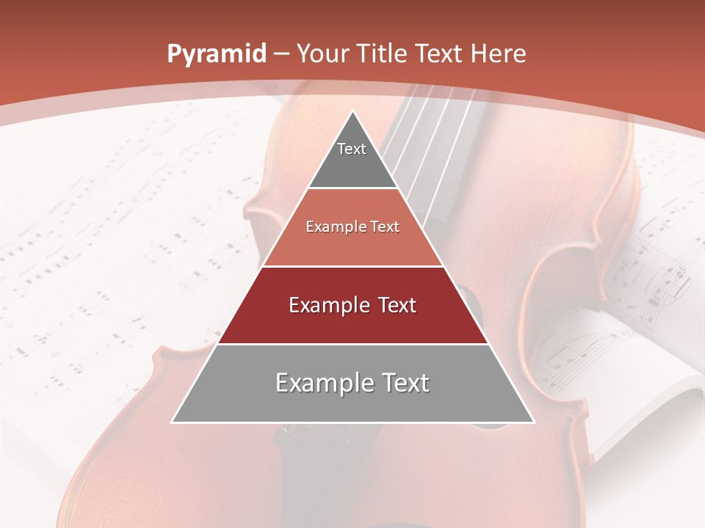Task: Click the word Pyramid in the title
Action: (x=216, y=54)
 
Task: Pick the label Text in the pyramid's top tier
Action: (x=352, y=149)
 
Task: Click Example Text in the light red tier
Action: (x=352, y=227)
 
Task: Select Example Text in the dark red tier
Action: (x=352, y=305)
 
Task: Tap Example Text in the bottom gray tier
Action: (x=352, y=383)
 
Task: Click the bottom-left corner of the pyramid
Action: (x=173, y=422)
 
